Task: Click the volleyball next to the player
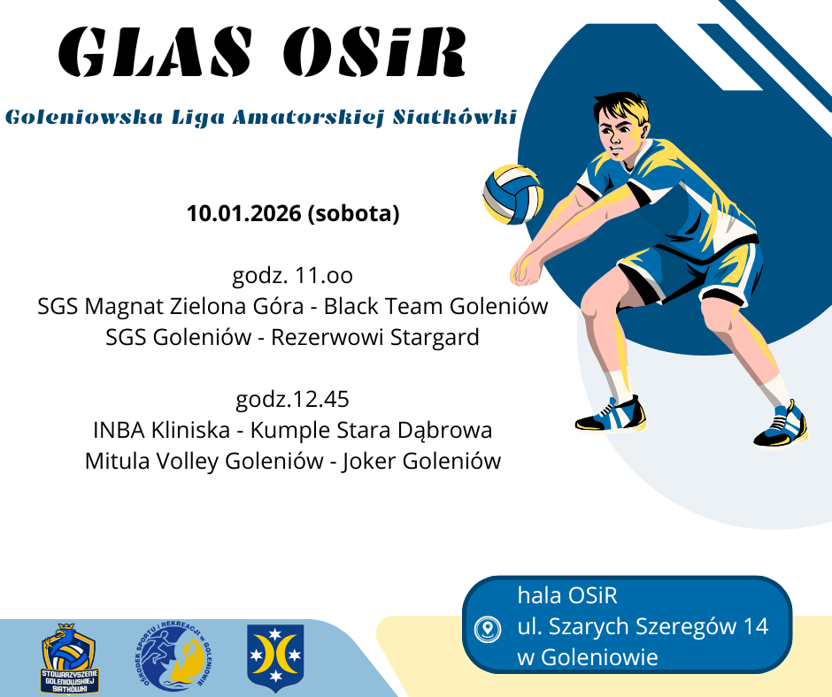(x=513, y=194)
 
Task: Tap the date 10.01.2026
(x=244, y=213)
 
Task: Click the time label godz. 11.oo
(x=293, y=276)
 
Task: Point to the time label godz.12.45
(x=292, y=399)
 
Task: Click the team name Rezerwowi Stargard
(x=375, y=337)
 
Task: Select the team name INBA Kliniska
(x=161, y=430)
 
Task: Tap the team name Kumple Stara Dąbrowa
(x=371, y=430)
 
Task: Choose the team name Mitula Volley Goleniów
(x=204, y=461)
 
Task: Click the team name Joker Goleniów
(x=421, y=461)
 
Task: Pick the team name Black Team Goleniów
(x=435, y=306)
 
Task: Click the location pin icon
(x=487, y=629)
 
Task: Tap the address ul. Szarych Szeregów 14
(x=643, y=627)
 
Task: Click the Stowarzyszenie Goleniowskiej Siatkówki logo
(x=70, y=658)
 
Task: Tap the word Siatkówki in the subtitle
(x=454, y=118)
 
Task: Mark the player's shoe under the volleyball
(x=611, y=414)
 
